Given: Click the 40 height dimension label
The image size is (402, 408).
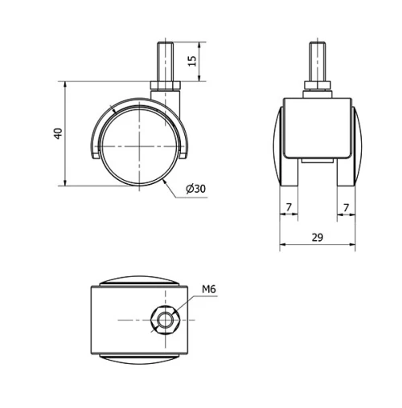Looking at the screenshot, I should [57, 133].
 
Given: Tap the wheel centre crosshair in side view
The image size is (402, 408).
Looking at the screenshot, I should [137, 147].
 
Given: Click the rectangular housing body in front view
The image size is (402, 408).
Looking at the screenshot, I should [317, 129].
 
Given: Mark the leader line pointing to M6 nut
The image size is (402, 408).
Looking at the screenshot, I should [185, 304].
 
